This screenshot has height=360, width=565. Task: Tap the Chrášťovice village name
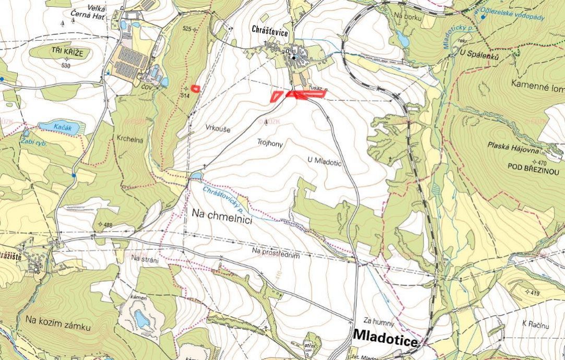click(270, 32)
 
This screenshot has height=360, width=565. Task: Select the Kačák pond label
click(60, 127)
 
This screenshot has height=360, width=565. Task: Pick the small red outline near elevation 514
click(195, 88)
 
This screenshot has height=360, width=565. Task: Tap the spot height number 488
click(108, 225)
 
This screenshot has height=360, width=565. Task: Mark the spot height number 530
click(65, 66)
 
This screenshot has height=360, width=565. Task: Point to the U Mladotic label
click(324, 163)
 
